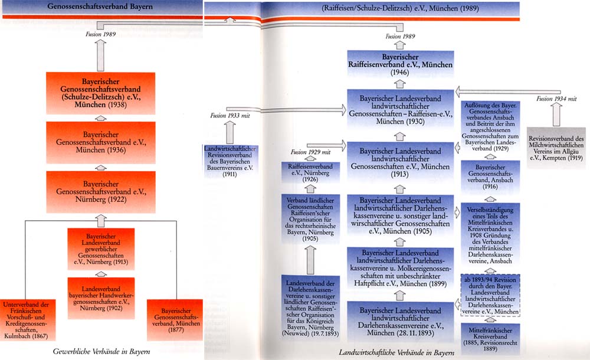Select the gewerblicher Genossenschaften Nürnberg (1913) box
tap(100, 248)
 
